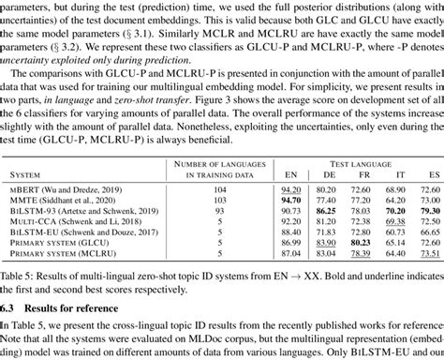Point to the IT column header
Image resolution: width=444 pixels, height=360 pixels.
394,174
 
